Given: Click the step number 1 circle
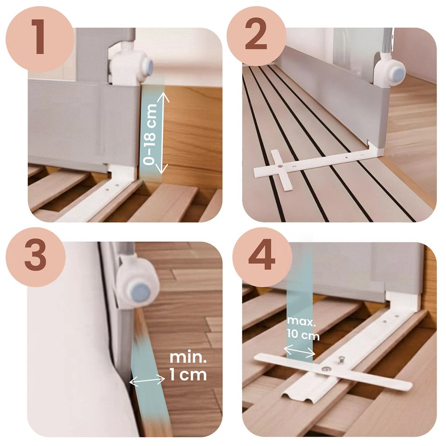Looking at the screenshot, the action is (39, 38).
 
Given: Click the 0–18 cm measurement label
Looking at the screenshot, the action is (150, 134).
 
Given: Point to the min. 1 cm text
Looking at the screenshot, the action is (188, 366).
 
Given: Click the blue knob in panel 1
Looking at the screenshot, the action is (147, 68).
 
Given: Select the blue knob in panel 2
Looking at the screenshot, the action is (397, 72).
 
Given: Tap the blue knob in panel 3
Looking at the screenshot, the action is (140, 293).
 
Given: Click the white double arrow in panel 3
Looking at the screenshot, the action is (147, 380).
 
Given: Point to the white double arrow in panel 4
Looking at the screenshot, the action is (299, 351).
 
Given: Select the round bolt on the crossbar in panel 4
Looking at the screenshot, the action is (327, 369).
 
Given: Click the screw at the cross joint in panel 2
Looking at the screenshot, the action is (280, 166).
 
